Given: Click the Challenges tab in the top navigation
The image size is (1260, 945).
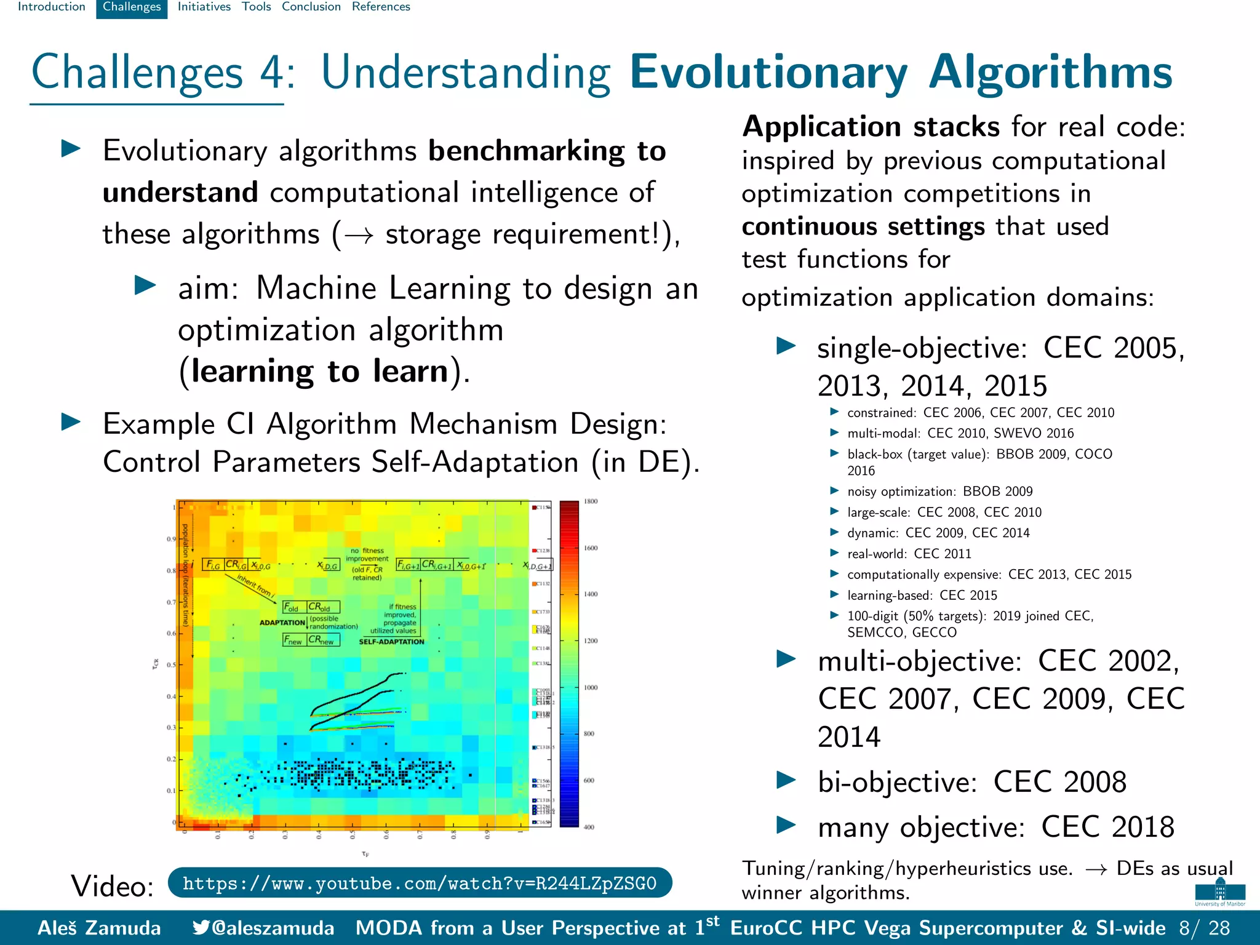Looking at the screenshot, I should [x=132, y=7].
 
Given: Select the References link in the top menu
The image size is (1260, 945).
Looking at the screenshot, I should [x=381, y=7].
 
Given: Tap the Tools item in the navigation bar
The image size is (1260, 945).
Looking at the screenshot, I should [x=256, y=7].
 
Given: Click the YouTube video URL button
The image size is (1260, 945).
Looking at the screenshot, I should [x=420, y=883].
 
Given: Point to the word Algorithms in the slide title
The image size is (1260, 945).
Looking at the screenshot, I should [x=1050, y=73].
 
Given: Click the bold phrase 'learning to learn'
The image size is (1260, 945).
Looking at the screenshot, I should [x=319, y=372].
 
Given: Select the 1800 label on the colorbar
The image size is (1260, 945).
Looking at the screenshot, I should [x=591, y=501].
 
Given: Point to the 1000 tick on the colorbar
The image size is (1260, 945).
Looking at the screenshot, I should [x=591, y=687].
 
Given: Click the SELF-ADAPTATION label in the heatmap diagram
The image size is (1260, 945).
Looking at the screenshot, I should [x=391, y=642].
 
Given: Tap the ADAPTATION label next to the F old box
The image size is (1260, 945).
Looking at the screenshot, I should [x=282, y=623].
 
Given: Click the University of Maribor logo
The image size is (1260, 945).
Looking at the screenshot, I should [x=1220, y=892].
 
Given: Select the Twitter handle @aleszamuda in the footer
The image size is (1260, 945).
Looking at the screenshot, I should [x=264, y=928].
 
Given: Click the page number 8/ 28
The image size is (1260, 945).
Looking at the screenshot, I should [x=1205, y=928].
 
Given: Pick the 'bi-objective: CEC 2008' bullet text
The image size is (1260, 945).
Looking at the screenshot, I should [x=971, y=783].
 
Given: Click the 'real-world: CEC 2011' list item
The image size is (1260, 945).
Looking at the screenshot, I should [x=909, y=554].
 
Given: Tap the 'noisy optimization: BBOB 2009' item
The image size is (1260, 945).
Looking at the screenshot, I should [x=939, y=492].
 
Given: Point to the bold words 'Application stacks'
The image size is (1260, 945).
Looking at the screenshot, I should [x=871, y=127].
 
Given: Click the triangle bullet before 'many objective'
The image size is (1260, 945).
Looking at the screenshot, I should [x=786, y=825].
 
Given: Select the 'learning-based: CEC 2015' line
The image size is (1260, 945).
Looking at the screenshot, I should [x=922, y=595].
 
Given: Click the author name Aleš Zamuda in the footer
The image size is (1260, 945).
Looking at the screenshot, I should [x=99, y=928].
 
